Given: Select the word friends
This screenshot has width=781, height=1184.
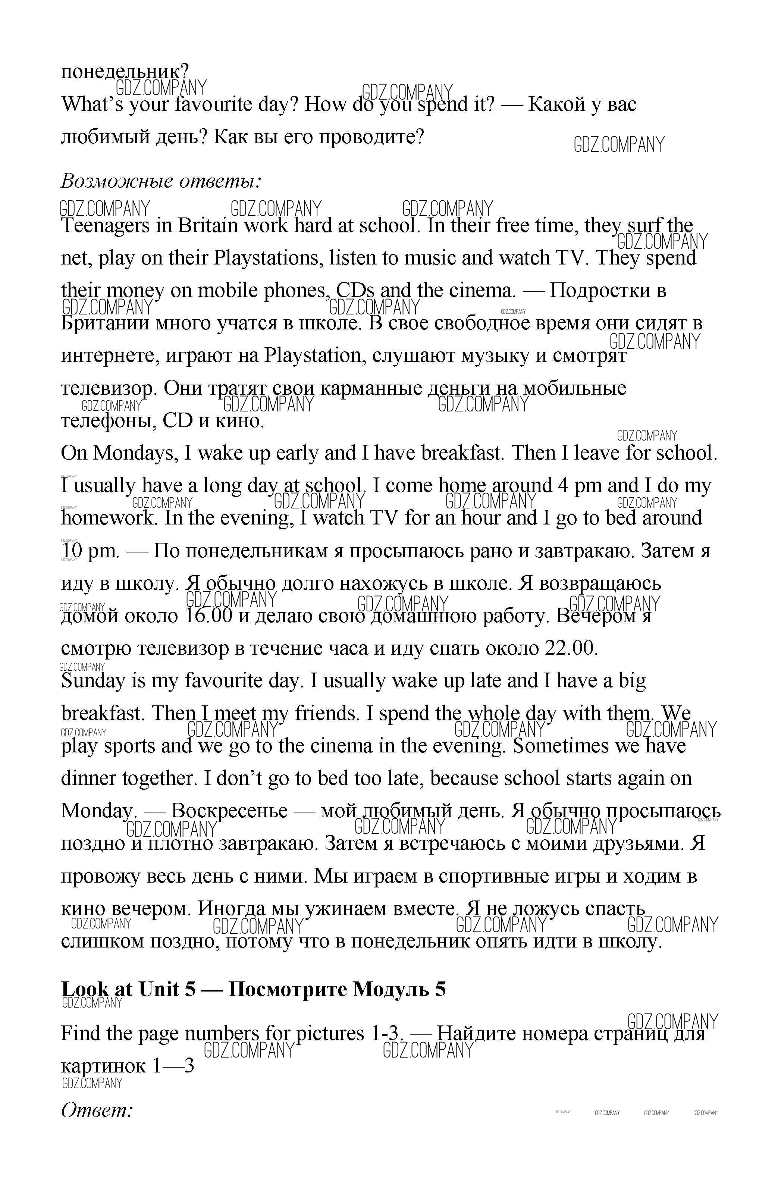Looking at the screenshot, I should point(327,713).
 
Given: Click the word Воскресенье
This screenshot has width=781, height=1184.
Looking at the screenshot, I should point(229,811).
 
